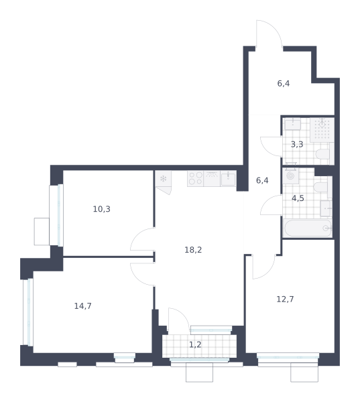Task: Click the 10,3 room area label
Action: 102,209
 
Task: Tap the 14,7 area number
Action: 83,306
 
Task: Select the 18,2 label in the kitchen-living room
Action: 193,250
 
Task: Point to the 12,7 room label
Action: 285,299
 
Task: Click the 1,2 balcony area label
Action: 195,345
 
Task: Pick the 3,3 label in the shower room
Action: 297,145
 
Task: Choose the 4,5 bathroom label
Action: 298,198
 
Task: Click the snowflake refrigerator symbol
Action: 163,179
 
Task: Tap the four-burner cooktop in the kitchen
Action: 196,178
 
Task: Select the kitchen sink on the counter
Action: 228,179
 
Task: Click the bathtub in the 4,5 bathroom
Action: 308,228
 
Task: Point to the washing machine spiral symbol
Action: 291,176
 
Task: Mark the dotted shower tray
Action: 322,130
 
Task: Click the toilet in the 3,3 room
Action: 323,154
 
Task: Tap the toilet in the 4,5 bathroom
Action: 321,187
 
